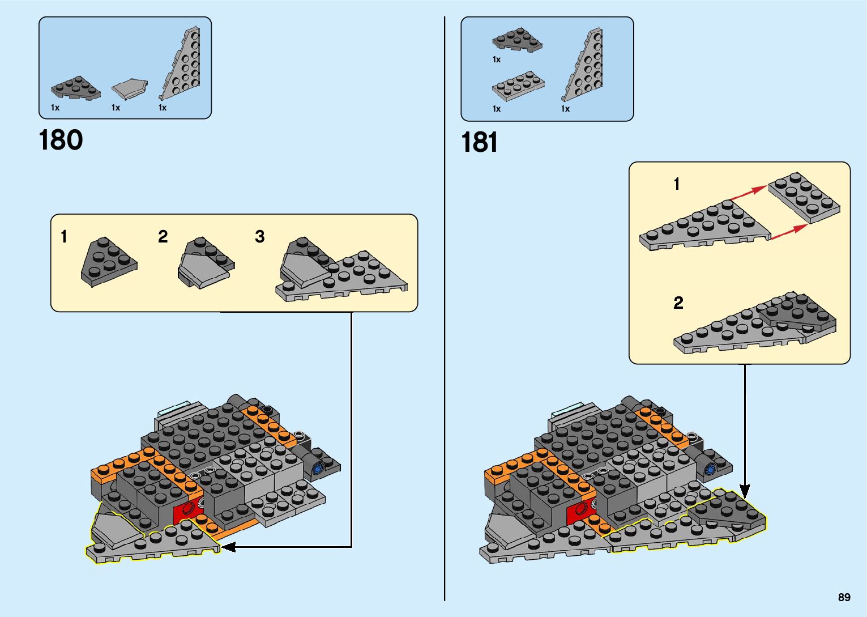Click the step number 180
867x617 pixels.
(61, 140)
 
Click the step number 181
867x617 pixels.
(479, 142)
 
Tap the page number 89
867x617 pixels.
(844, 597)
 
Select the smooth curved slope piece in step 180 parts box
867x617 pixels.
(130, 89)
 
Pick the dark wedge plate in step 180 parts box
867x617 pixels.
(75, 88)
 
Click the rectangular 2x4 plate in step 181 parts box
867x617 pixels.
(518, 86)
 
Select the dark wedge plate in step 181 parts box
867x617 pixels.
(517, 40)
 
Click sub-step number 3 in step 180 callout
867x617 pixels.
(259, 236)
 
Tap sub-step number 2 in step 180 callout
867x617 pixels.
(163, 236)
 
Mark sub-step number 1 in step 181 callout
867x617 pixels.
(676, 184)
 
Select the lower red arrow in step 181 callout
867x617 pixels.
(789, 231)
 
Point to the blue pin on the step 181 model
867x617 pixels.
(708, 469)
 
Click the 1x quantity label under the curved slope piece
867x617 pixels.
(116, 108)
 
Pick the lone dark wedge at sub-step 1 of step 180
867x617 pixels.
(109, 262)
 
